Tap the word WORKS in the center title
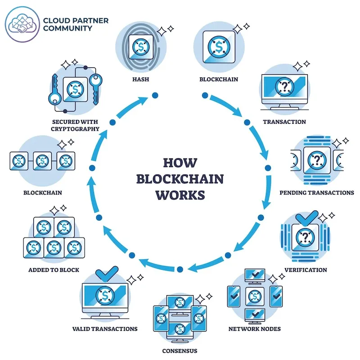point(180,194)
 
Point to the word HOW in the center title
point(180,163)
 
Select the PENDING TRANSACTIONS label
point(317,193)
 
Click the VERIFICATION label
point(306,270)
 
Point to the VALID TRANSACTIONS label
point(105,328)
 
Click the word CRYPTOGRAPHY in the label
point(76,129)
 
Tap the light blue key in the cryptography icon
point(96,83)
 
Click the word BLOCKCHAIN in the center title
point(180,179)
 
